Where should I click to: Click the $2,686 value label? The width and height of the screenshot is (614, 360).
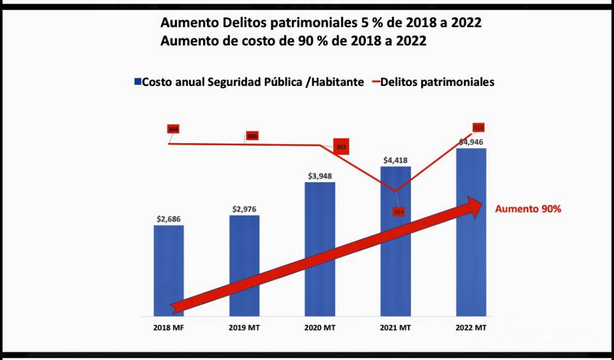pyautogui.click(x=168, y=219)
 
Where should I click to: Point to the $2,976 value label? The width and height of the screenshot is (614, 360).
pyautogui.click(x=244, y=209)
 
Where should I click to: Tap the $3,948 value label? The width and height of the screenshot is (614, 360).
pyautogui.click(x=320, y=176)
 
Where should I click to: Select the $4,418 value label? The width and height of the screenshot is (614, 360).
pyautogui.click(x=396, y=160)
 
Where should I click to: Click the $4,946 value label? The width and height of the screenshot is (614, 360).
pyautogui.click(x=471, y=142)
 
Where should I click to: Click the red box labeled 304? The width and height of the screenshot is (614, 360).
pyautogui.click(x=173, y=129)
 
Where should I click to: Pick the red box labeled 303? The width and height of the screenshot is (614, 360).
pyautogui.click(x=252, y=136)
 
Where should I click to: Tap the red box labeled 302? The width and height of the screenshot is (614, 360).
pyautogui.click(x=341, y=147)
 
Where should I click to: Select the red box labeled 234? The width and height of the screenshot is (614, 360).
pyautogui.click(x=399, y=211)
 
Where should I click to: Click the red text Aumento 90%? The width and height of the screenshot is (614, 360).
pyautogui.click(x=528, y=209)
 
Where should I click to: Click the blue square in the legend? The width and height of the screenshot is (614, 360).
pyautogui.click(x=137, y=82)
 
